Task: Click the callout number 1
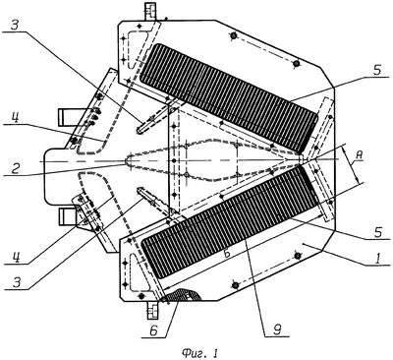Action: [377, 259]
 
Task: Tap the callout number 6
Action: [153, 330]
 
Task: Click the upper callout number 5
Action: [377, 71]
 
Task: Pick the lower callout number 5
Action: [378, 232]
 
